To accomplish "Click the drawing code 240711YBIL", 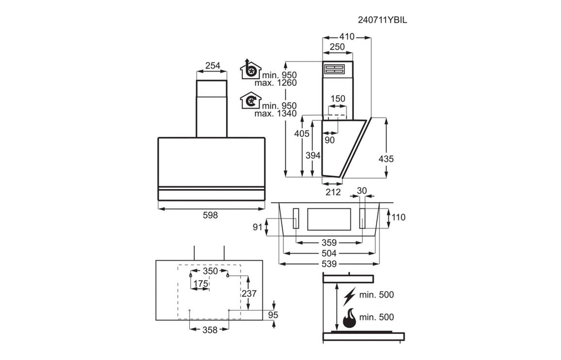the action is pos(382,20).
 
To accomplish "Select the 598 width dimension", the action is pos(210,215).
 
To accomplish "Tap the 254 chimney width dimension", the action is pos(212,66).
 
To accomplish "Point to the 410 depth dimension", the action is pos(347,37).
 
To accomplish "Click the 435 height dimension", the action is pos(386,158).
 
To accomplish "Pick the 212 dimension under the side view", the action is pos(333,192).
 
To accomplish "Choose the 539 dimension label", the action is pos(329,264).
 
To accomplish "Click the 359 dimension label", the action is pos(329,243).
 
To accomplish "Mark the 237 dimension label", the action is pos(249,294).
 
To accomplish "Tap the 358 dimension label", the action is pos(210,330).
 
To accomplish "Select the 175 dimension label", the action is pos(201,284).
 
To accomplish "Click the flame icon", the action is pos(350,318).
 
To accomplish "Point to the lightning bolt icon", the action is pos(349,296).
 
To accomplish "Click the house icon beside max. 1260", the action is pos(250,69).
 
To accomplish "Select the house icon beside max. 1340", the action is pos(250,101).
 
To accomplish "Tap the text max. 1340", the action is pos(276,114).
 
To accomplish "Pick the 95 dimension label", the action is pos(273,315).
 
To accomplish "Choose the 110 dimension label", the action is pos(398,217).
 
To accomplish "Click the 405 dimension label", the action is pos(302,134).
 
